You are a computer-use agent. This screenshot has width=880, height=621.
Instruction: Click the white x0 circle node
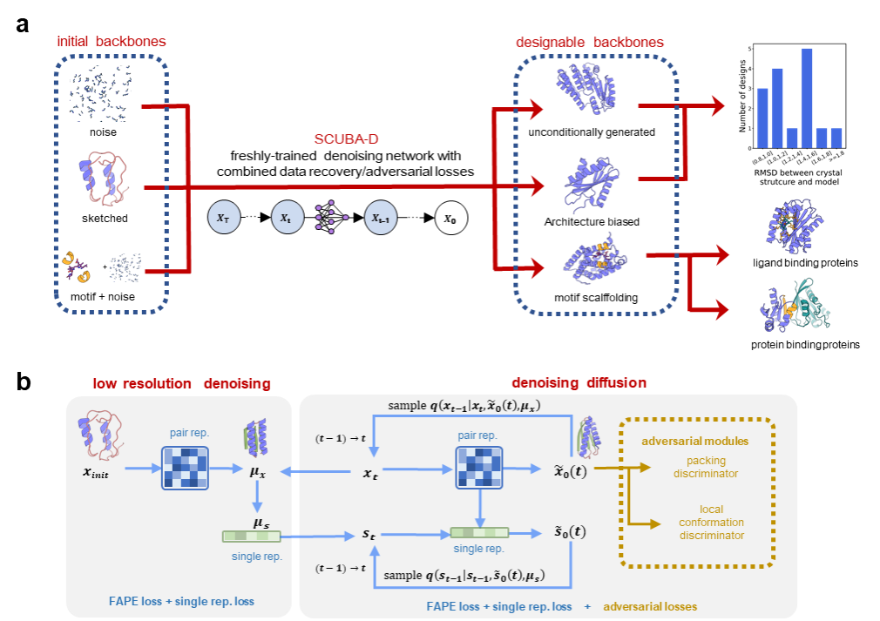450,218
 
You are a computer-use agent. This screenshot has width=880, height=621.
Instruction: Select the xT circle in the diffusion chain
224,218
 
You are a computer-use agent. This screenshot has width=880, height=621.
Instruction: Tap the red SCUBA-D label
347,139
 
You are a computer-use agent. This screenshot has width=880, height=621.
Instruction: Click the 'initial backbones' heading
111,42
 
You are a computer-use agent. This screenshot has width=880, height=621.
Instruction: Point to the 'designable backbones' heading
589,42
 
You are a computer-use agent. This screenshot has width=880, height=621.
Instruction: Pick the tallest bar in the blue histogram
807,97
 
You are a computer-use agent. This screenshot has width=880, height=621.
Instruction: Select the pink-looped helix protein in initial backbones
102,176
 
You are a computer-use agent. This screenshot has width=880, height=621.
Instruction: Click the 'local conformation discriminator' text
711,522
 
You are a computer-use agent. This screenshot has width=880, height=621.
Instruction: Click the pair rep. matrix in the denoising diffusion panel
478,469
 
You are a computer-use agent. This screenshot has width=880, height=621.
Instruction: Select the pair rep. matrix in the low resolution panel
185,469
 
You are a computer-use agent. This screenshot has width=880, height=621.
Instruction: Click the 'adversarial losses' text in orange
649,606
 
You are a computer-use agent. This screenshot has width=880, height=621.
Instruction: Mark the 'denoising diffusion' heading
580,383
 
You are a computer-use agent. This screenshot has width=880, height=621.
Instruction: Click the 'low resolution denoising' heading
181,383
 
